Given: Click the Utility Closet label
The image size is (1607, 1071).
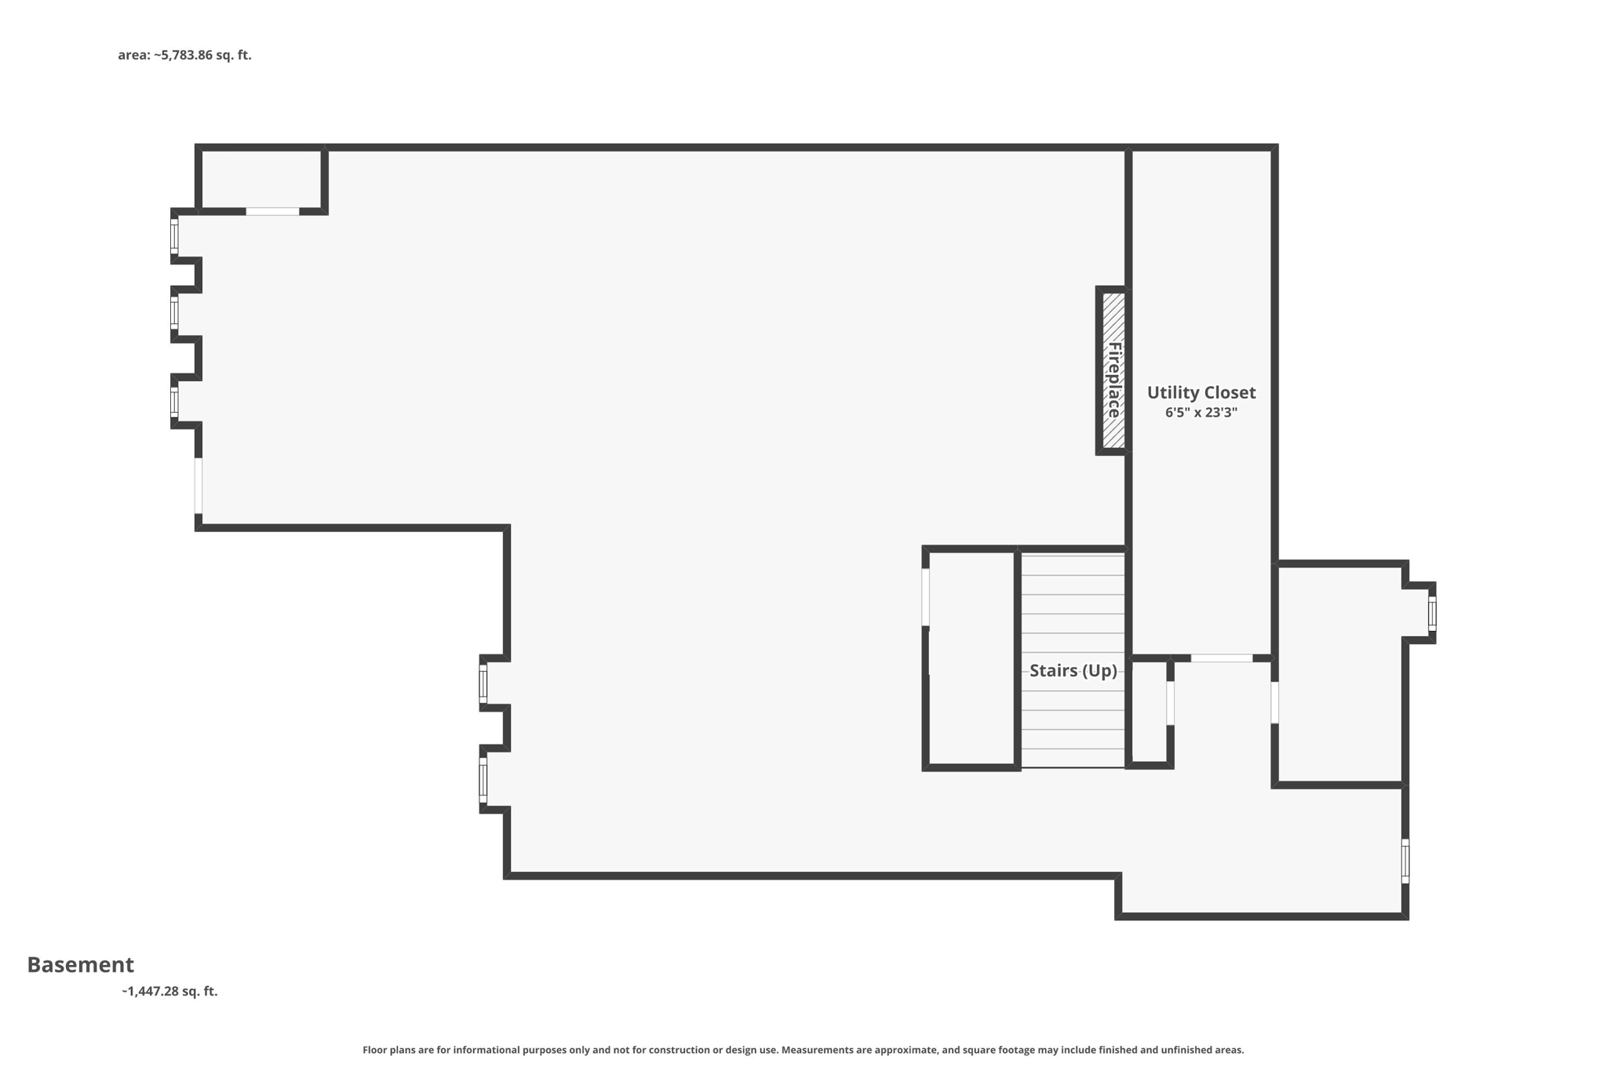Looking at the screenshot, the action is coord(1201,392).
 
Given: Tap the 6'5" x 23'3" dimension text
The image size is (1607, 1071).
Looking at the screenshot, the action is coord(1201,413).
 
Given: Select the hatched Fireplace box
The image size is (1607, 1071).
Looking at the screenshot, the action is coord(1113,370).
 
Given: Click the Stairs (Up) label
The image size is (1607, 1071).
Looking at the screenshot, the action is coord(1073,671).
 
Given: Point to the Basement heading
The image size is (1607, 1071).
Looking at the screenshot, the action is coord(81,964).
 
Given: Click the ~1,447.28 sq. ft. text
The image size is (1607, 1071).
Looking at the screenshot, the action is coord(169,991).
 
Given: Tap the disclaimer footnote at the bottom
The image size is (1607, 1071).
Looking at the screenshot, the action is coord(803,1050).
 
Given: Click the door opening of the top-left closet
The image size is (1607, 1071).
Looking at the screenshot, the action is coord(272,211).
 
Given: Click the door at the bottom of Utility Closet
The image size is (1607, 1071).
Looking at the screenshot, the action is coord(1222,658).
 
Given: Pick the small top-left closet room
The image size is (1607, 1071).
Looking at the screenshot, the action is coord(261,179).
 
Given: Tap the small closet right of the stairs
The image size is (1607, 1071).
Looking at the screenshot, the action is coord(1149,711).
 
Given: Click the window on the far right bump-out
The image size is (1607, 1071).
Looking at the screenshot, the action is coord(1432,613).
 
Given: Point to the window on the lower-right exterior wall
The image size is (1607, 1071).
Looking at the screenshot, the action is coord(1405,861).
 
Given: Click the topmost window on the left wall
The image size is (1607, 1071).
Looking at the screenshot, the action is coord(174,235).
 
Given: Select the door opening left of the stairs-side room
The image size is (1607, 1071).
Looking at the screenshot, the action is coord(926,597).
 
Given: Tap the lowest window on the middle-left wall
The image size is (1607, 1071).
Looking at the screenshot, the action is coord(483,781).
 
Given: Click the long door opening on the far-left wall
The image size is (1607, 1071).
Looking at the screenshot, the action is coord(199,486).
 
